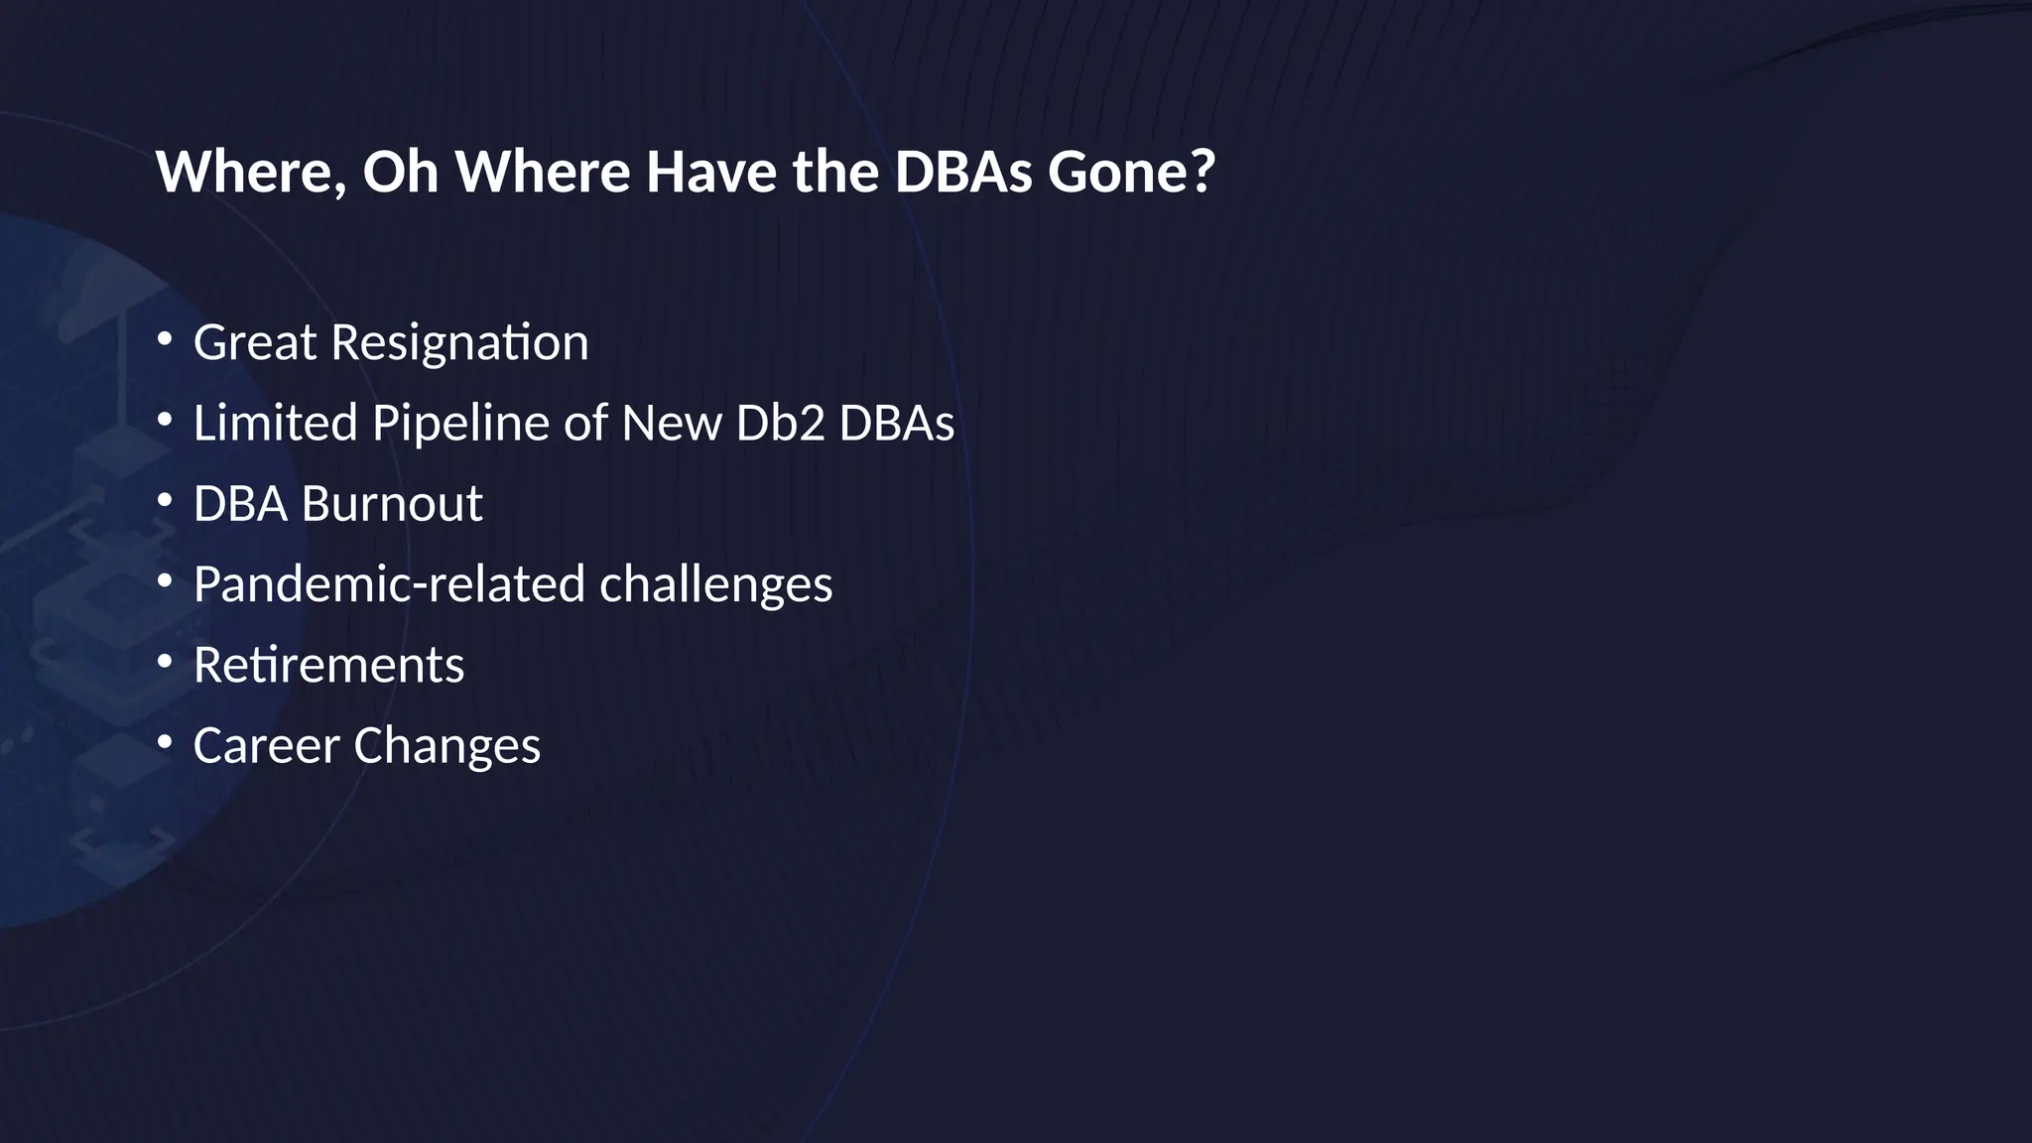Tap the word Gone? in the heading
(1131, 172)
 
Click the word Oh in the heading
(400, 172)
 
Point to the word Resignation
(459, 344)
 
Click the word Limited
(275, 423)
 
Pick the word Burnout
(392, 504)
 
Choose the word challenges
(715, 585)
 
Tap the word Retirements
(328, 665)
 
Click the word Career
(266, 746)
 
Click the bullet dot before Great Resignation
(165, 339)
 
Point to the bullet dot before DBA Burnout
(165, 500)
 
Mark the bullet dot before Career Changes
(165, 741)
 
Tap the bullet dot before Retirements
(165, 661)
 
